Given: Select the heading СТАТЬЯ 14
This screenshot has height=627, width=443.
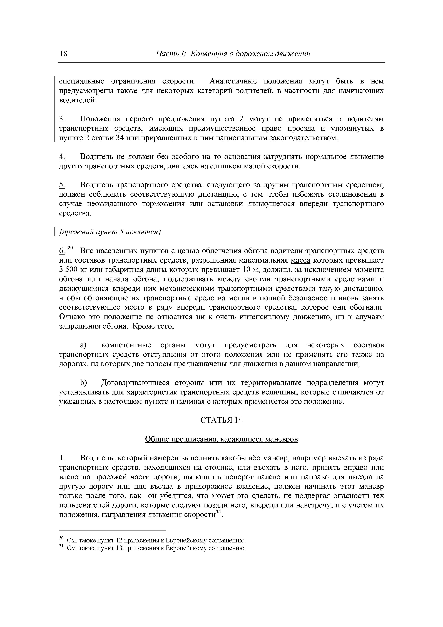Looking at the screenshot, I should coord(221,420).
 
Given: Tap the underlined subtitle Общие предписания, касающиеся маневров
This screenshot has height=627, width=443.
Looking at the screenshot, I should coord(221,439).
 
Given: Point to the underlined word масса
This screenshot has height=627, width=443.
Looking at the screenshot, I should coord(300,260).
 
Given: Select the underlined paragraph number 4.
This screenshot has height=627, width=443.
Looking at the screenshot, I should coord(62,157).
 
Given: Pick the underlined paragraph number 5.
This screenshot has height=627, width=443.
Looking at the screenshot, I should coord(62,185).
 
